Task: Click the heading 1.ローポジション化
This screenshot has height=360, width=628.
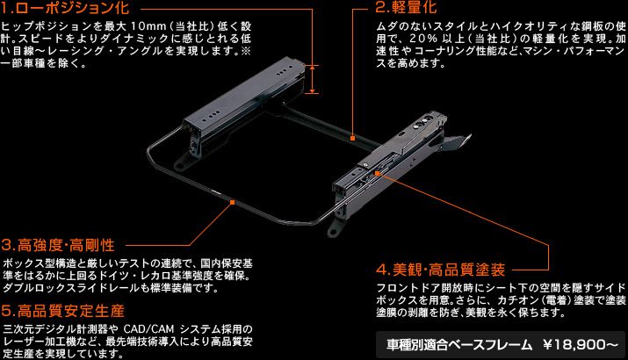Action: [x=65, y=7]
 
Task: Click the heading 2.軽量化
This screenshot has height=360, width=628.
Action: [x=406, y=7]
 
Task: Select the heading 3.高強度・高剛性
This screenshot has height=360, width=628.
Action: [x=58, y=245]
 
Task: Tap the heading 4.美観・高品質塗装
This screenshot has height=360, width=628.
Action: [x=441, y=270]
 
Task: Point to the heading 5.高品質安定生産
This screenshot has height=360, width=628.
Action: [x=63, y=311]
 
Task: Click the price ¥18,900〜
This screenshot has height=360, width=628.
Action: [x=581, y=345]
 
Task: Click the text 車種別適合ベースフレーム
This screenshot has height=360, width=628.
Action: [x=459, y=345]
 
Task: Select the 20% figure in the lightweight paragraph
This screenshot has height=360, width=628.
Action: [x=422, y=39]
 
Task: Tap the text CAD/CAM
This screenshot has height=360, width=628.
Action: [x=148, y=329]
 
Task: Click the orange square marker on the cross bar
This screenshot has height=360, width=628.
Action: [x=352, y=138]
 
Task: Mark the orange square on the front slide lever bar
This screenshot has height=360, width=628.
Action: [x=232, y=203]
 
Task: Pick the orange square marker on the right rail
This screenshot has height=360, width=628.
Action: [x=377, y=173]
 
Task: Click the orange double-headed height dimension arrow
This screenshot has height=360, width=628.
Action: [x=313, y=79]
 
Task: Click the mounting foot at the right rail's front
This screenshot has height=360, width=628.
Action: [x=335, y=229]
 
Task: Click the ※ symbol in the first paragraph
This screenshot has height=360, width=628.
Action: [x=246, y=51]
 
